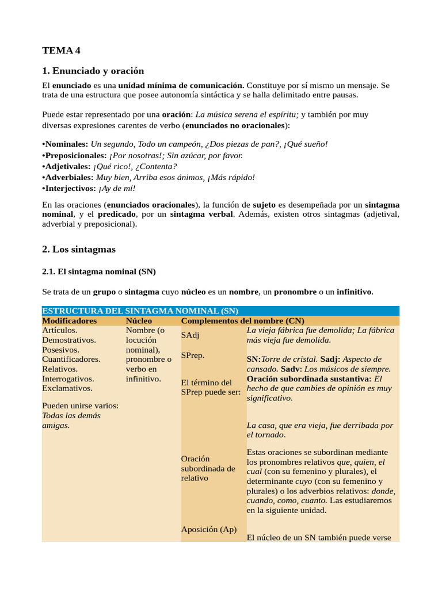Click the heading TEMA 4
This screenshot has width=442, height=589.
point(61,51)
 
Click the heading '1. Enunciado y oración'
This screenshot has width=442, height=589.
point(93,71)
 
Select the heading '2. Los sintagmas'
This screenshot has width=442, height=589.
point(79,249)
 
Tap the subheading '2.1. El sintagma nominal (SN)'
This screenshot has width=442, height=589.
point(99,271)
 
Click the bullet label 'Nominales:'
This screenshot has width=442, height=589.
point(66,144)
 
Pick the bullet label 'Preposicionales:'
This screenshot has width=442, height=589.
point(75,155)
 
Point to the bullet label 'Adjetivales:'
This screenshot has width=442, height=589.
point(67,167)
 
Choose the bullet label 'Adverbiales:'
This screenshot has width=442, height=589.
point(68,178)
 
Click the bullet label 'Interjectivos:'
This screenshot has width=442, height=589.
point(70,189)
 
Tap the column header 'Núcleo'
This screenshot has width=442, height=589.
point(139,321)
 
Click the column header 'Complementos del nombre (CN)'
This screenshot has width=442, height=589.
point(242,321)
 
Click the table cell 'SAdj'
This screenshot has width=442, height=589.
point(190,335)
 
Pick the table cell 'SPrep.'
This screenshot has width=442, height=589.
point(193,355)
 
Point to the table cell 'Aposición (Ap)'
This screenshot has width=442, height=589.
point(209,529)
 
